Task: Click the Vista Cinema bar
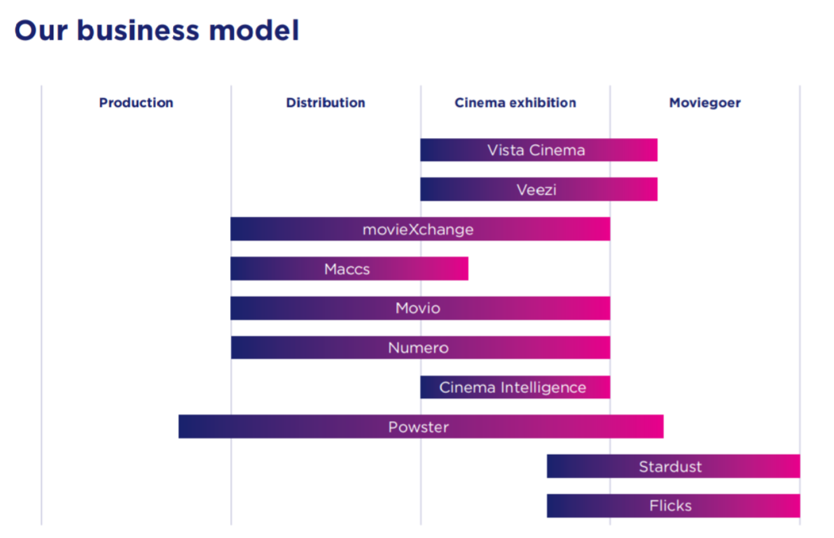pos(539,150)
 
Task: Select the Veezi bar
pos(539,190)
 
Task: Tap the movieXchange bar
pos(420,229)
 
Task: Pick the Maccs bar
pos(349,268)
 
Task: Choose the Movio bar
pos(420,308)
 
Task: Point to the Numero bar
pos(420,348)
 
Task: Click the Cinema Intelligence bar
pos(515,387)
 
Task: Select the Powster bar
pos(421,427)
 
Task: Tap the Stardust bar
pos(674,466)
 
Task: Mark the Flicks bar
pos(674,506)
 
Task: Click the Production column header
pos(136,103)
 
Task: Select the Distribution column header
pos(326,103)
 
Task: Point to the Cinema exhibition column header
pos(515,103)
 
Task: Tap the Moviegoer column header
pos(705,103)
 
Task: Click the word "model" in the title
pos(254,30)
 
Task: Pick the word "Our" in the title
pos(41,31)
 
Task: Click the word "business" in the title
pos(139,30)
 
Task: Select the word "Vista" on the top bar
pos(506,151)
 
